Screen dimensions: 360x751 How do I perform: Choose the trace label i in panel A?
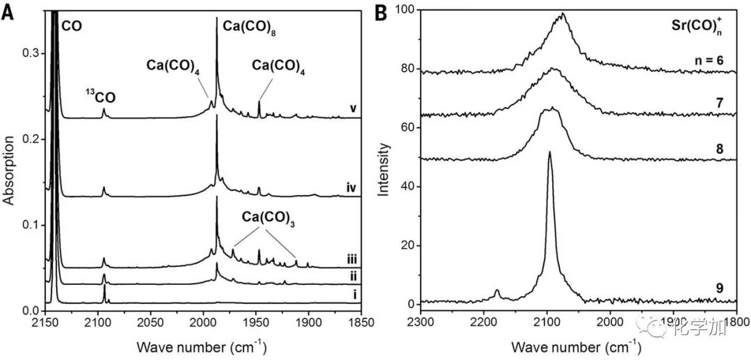(355, 295)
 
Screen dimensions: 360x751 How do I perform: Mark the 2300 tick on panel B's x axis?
(421, 322)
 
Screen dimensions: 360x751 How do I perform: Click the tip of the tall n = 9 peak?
(549, 152)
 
